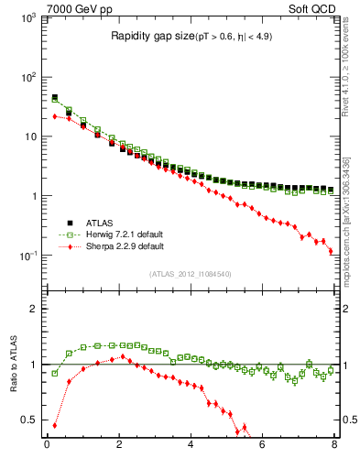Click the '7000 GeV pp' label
point(79,8)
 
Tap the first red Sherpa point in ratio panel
point(54,425)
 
